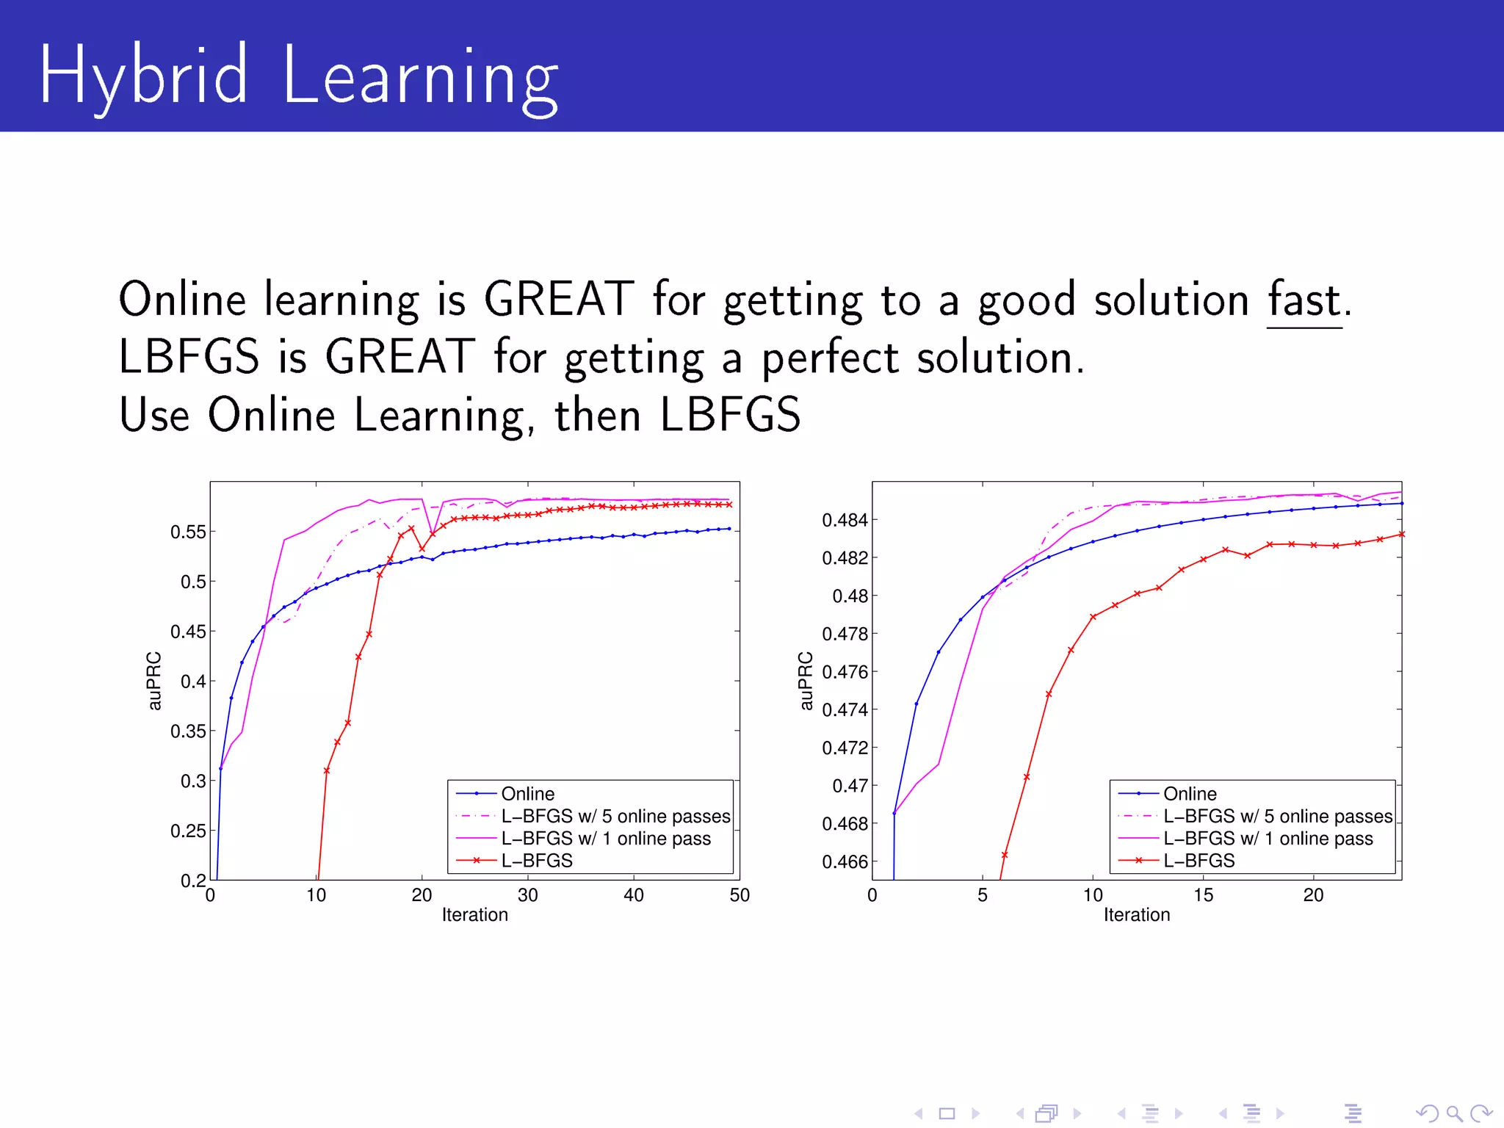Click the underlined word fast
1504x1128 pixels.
[1304, 301]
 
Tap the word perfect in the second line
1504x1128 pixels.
[829, 359]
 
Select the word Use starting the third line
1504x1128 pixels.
[154, 416]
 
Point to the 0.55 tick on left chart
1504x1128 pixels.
[188, 532]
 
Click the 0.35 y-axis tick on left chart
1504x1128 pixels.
[188, 731]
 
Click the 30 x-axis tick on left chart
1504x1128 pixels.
[527, 895]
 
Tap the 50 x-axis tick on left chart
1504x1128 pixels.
[739, 895]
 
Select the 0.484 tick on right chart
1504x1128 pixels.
[845, 521]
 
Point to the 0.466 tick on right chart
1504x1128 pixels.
[845, 862]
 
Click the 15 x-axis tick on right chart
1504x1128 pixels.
[1203, 895]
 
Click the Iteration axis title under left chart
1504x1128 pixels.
[474, 915]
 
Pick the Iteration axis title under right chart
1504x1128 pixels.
[1136, 915]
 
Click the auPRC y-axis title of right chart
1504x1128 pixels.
[806, 681]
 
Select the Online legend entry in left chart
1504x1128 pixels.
[527, 794]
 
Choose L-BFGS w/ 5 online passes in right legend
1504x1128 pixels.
[1277, 817]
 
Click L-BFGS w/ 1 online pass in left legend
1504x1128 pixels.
[606, 839]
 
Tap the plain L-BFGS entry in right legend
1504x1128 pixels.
[1198, 861]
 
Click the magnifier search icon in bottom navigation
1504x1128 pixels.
[1453, 1113]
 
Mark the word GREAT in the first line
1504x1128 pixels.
[558, 300]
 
